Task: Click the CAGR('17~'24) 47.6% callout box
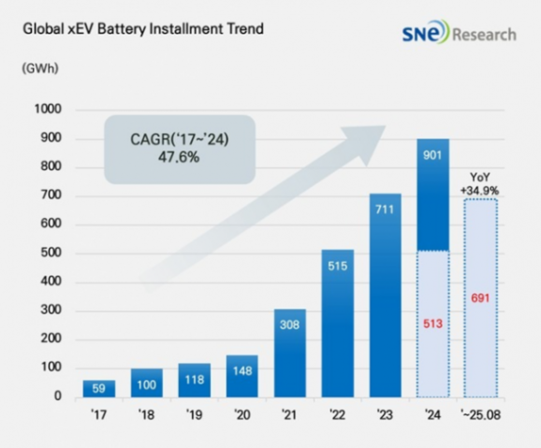click(180, 149)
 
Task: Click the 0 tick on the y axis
click(57, 397)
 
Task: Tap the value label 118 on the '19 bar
click(195, 381)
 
